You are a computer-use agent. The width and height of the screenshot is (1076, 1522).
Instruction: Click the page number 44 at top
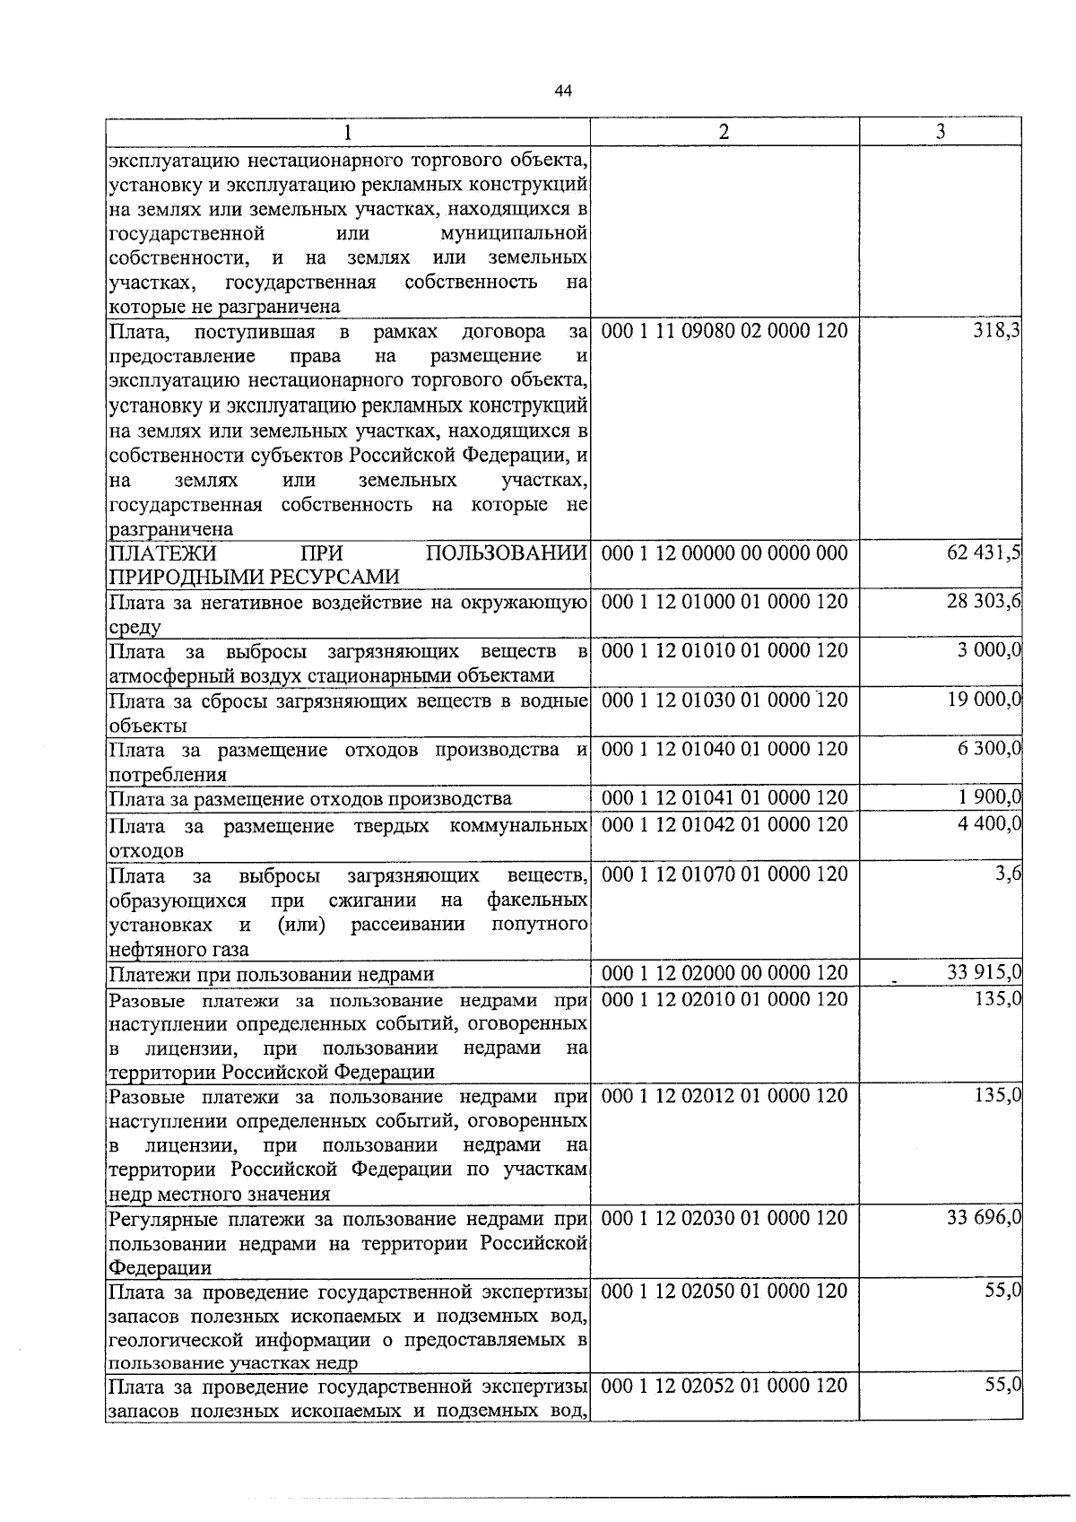563,91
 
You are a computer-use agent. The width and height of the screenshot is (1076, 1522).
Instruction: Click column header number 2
724,131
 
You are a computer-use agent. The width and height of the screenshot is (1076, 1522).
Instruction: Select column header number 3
940,131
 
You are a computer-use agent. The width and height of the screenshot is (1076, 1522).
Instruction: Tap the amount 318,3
997,332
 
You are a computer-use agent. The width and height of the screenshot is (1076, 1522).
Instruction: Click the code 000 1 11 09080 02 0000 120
724,332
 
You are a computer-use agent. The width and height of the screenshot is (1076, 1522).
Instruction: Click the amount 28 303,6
984,602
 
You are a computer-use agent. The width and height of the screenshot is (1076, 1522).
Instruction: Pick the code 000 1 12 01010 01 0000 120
724,650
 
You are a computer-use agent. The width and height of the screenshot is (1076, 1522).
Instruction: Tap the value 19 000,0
985,700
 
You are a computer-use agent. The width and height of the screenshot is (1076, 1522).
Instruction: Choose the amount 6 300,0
989,749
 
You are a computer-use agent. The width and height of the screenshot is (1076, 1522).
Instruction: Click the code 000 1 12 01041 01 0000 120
724,797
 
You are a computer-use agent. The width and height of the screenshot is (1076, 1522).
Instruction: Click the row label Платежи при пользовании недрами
271,975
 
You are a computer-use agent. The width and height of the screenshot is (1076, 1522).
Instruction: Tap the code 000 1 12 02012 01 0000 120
724,1096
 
